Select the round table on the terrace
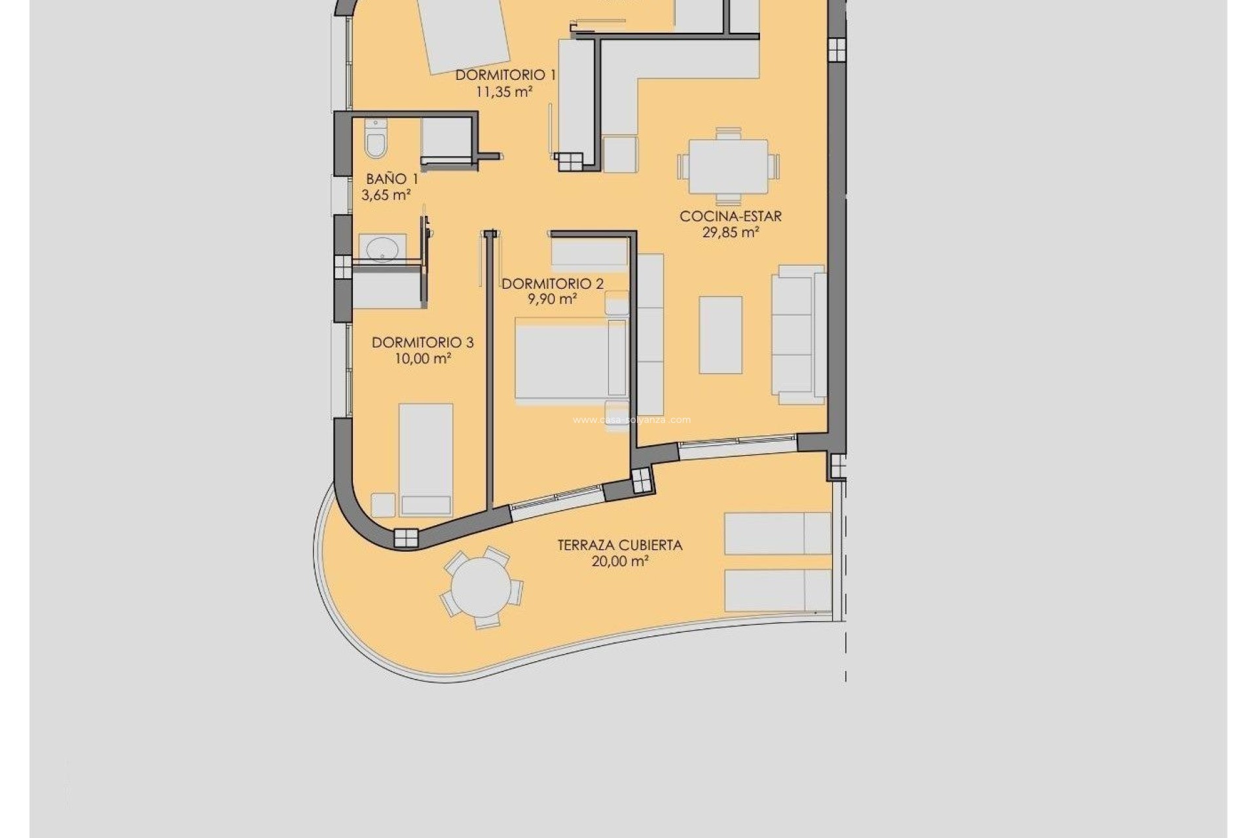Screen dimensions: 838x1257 coord(481,587)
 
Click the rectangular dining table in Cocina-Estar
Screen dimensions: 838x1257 coord(728,167)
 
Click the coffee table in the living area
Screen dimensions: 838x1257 coord(720,335)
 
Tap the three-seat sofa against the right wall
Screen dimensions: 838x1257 coord(799,334)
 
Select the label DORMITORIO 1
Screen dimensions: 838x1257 coord(505,75)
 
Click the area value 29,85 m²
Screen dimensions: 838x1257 coord(731,232)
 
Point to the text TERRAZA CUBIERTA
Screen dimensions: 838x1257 coord(619,545)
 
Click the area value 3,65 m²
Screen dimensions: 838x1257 coord(386,195)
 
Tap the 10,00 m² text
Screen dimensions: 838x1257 coord(423,359)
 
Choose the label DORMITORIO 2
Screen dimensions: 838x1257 coord(553,284)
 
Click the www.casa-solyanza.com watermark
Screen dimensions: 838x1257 coord(631,420)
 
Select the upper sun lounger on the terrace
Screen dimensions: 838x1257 coord(777,533)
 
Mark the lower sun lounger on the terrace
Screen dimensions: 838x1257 coord(777,590)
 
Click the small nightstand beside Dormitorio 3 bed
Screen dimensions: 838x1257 coord(383,505)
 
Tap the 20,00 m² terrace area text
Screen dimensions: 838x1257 coord(620,562)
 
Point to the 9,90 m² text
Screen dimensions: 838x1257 coord(553,300)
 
